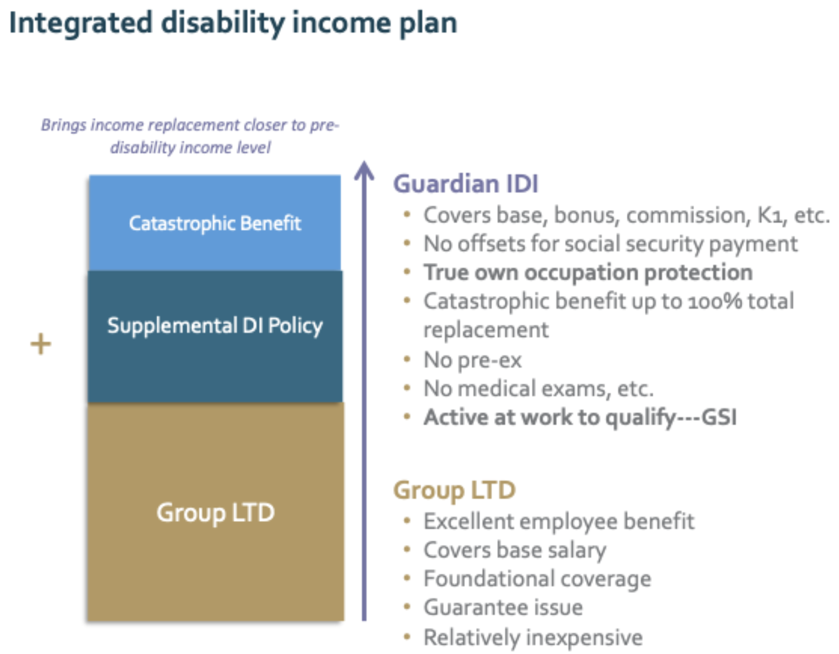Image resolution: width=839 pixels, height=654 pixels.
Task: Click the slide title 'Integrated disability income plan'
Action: (233, 24)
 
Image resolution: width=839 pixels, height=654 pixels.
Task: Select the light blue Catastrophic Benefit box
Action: (215, 223)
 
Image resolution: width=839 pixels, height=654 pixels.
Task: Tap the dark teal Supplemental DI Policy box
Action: (215, 336)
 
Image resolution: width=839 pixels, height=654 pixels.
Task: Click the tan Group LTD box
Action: (215, 512)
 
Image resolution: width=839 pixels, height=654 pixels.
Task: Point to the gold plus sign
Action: (41, 344)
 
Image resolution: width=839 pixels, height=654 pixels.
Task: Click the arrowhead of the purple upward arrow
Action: (364, 171)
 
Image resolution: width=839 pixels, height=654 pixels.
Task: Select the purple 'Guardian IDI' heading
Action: (465, 184)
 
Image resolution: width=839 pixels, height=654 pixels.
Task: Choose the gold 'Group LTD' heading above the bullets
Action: (454, 490)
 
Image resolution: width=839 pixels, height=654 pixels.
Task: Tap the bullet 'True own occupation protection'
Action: (588, 272)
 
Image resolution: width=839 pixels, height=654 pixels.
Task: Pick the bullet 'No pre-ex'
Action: (473, 360)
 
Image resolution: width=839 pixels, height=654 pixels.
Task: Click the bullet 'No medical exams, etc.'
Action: (538, 388)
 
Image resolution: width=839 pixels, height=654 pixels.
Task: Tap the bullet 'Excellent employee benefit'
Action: (559, 521)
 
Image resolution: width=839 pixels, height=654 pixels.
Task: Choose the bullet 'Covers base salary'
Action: (514, 550)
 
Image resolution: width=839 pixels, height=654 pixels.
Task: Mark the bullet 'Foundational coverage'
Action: (537, 578)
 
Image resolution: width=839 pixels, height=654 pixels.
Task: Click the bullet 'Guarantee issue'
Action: (503, 608)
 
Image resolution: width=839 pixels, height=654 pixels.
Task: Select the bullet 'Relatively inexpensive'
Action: (533, 637)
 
